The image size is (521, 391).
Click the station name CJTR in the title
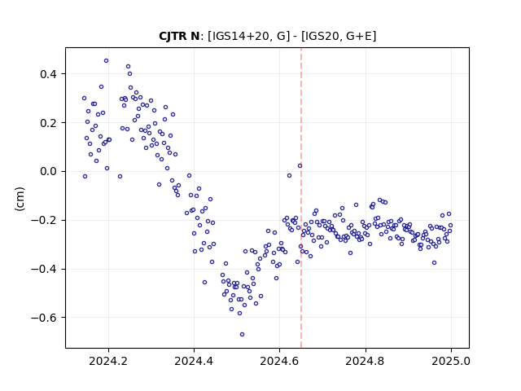174,36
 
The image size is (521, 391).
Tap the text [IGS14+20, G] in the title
247,36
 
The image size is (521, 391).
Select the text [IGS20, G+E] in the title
339,36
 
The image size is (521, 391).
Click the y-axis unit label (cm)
20,199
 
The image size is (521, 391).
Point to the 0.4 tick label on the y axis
49,74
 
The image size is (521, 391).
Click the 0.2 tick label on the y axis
49,123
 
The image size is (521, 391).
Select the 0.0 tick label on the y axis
49,172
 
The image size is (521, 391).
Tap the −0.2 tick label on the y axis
44,221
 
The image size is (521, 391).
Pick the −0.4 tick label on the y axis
44,269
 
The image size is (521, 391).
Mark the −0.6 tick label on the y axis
44,318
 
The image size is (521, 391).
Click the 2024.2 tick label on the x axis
108,361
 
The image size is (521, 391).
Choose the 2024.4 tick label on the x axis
194,361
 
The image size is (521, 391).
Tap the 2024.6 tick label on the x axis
280,361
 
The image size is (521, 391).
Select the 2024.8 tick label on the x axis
366,361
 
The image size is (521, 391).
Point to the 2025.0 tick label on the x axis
451,361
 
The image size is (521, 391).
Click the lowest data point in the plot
242,334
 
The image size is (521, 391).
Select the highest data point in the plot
106,60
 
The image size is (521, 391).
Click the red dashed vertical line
301,198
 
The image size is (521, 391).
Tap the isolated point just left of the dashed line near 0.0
300,165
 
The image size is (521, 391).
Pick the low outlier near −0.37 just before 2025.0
434,262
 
